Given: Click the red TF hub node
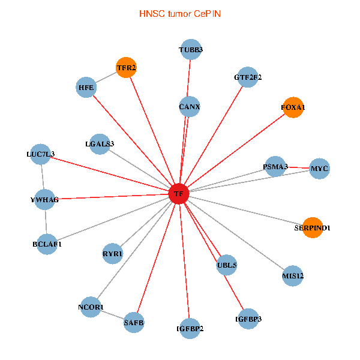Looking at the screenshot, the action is pos(178,194).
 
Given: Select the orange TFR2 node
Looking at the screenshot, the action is pos(126,68).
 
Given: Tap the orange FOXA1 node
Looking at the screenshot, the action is pos(293,107).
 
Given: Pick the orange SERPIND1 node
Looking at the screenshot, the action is pos(312,228).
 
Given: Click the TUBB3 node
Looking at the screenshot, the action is pos(191,50).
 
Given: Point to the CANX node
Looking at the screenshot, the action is pos(190,107).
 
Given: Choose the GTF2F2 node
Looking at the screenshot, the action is pos(248,77).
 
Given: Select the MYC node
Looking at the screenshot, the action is pos(319,169).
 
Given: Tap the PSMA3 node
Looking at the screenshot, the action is pos(275,166).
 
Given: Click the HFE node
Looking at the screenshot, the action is pos(86,88).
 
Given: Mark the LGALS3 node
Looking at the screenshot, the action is pos(100,143).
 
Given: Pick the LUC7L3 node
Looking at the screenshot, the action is pos(40,154).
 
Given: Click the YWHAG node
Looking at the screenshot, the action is pos(44,199).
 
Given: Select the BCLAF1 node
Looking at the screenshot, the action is pos(47,244).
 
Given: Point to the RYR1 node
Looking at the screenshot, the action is pos(112,254).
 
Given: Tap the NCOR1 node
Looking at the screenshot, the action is pos(91,307).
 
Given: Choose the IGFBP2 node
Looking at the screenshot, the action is pos(190,328).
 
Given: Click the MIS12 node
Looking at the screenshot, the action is pos(293,276).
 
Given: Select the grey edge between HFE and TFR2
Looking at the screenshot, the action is pos(106,78).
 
